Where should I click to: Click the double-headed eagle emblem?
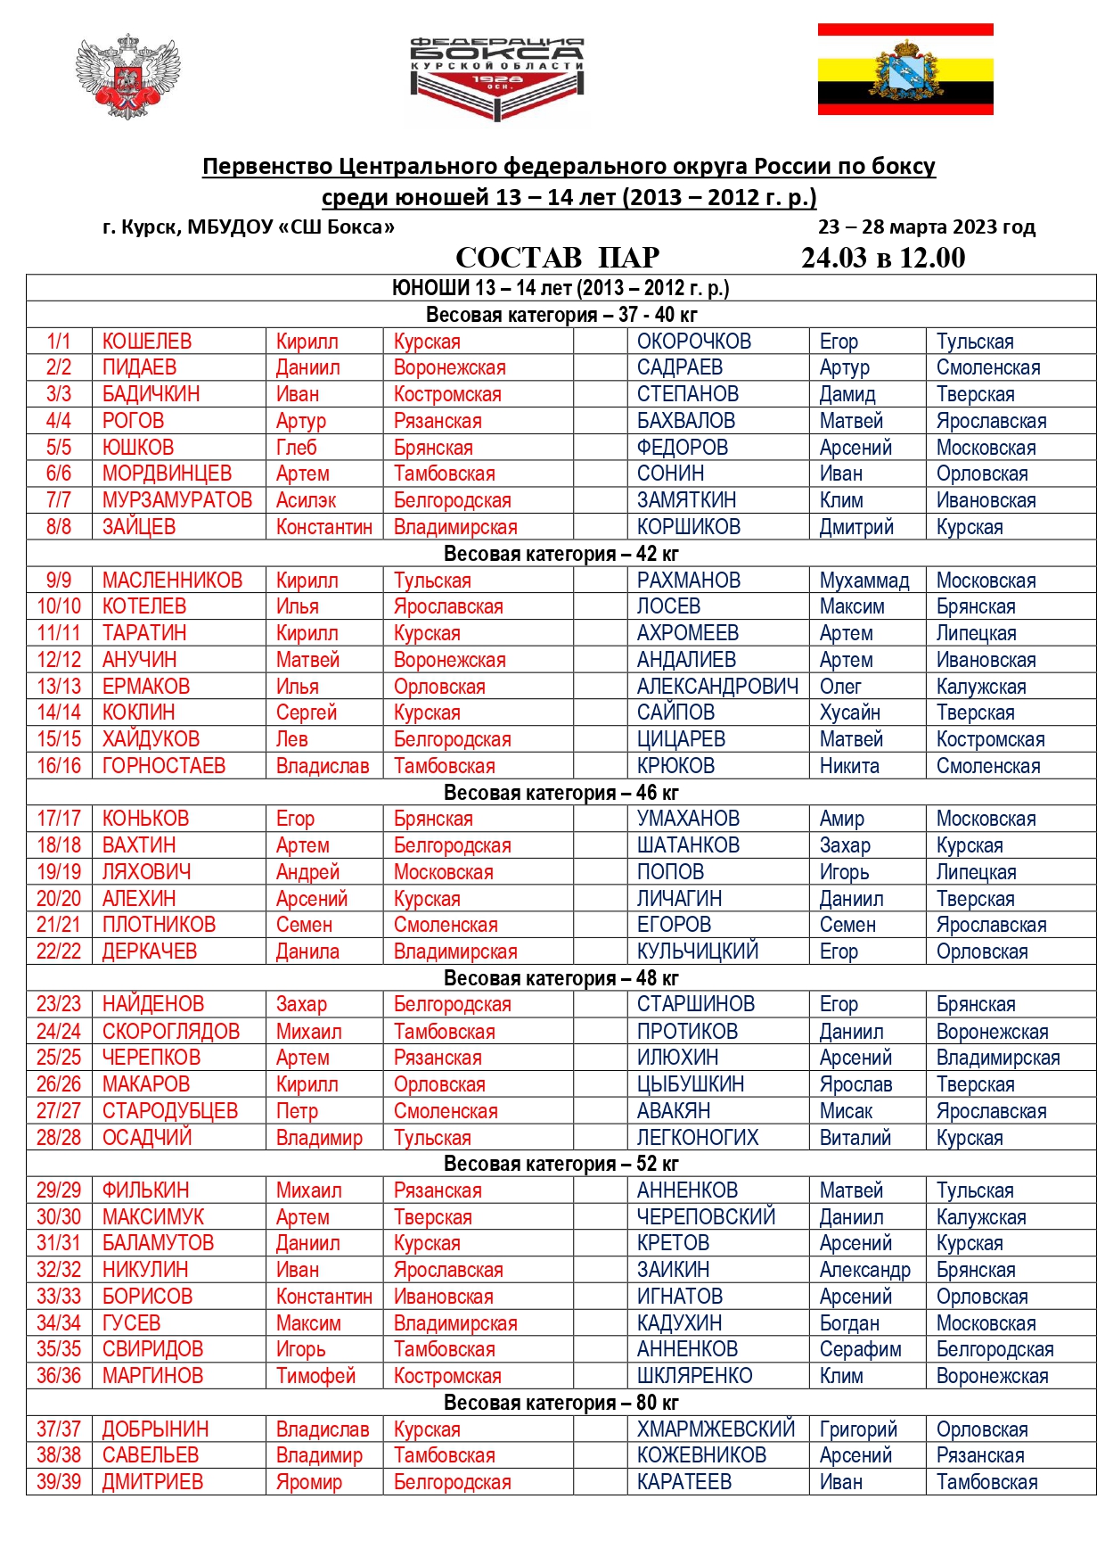128,77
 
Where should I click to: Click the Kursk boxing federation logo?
496,78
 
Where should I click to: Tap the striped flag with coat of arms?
905,70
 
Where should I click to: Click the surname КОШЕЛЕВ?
147,342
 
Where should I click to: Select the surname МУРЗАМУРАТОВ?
177,500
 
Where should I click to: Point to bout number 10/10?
59,606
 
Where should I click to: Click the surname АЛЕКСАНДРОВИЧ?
717,687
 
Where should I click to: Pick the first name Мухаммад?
864,581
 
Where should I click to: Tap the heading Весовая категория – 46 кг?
561,793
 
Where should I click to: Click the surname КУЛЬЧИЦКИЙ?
698,951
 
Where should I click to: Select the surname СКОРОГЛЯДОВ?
171,1032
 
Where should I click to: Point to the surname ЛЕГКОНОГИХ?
698,1138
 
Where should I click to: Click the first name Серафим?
860,1349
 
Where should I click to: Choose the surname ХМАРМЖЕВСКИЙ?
716,1429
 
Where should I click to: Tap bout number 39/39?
59,1482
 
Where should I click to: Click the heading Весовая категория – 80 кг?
561,1403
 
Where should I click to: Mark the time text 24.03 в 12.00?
883,258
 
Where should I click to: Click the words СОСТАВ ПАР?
558,258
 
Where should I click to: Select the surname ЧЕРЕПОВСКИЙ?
706,1217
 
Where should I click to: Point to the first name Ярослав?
855,1084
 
